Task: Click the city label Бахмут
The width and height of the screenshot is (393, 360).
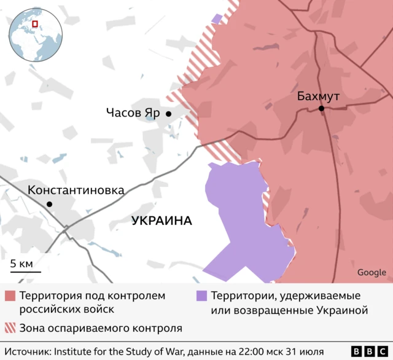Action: (317, 96)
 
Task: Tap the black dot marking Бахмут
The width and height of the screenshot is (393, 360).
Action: (321, 109)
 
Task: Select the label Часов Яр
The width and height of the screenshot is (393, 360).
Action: (133, 113)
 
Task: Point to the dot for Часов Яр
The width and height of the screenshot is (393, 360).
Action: (168, 114)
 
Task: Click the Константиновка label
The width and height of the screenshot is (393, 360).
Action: (76, 190)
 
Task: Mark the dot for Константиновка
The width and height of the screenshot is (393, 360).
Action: (49, 204)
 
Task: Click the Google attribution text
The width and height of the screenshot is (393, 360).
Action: (372, 273)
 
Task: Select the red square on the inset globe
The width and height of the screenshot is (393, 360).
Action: (35, 24)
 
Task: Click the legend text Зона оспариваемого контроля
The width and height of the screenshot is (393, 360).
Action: (101, 327)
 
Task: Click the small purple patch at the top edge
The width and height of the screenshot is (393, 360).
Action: (217, 18)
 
